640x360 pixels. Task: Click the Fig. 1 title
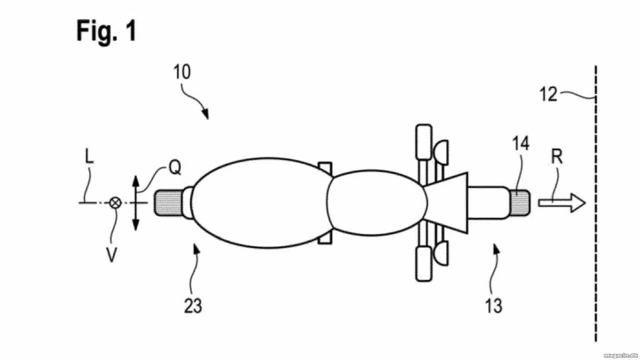tap(106, 31)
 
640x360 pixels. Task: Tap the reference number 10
tap(182, 72)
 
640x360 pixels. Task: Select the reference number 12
tap(548, 94)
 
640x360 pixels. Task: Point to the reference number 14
tap(521, 143)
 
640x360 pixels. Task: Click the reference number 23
tap(193, 306)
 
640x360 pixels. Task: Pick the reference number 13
tap(494, 306)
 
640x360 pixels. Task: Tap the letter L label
tap(90, 157)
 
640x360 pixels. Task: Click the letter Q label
tap(175, 167)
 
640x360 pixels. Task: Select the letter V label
tap(111, 255)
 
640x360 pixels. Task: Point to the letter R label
tap(557, 157)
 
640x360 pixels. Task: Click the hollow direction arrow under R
tap(562, 203)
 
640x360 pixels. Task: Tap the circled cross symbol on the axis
tap(115, 203)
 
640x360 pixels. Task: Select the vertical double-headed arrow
tap(136, 203)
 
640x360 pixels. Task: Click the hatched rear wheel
tap(168, 203)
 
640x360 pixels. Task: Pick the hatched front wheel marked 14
tap(520, 203)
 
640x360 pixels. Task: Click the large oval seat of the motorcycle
tap(261, 203)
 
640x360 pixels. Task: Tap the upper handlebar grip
tap(424, 142)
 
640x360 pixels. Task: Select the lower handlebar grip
tap(424, 264)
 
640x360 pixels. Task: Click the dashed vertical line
tap(596, 203)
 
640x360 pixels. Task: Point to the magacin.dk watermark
tap(620, 356)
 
